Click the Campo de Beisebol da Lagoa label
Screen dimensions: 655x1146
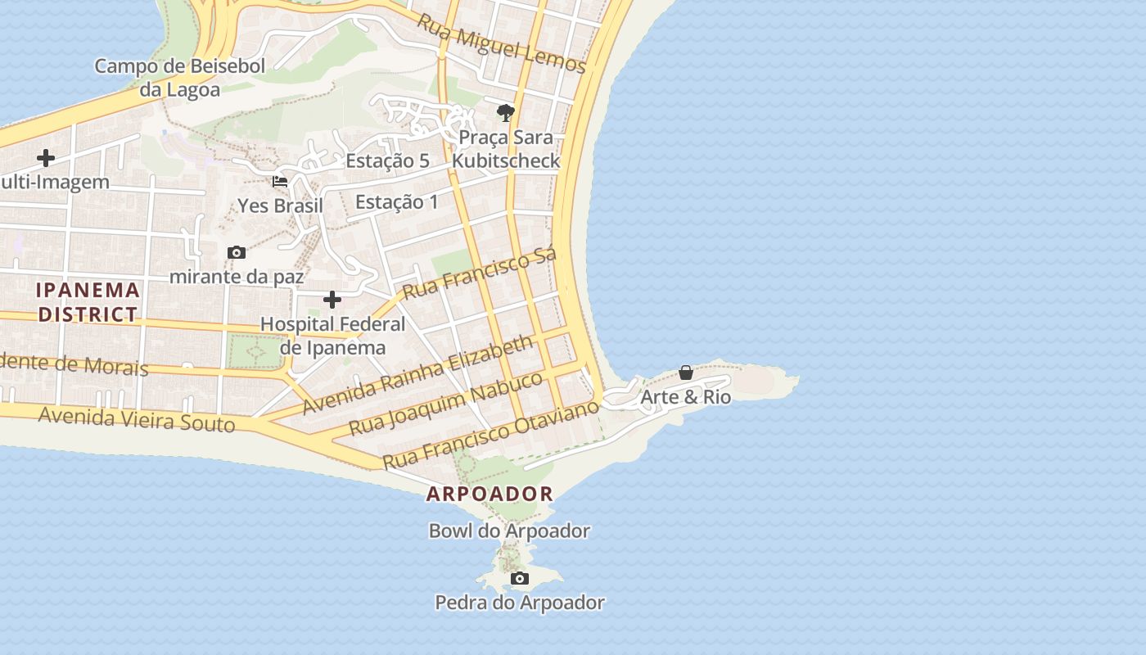[x=180, y=78]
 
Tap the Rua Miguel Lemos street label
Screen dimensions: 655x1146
[x=502, y=43]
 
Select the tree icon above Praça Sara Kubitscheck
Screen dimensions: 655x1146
[x=506, y=112]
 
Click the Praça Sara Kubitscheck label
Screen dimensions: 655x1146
[x=507, y=149]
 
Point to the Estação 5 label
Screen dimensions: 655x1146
[x=387, y=161]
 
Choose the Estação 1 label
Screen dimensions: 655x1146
[x=397, y=202]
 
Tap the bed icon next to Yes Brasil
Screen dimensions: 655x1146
[x=280, y=182]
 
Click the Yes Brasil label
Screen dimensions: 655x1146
[x=281, y=206]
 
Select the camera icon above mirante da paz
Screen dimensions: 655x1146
[x=237, y=252]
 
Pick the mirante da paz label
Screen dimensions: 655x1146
[x=237, y=277]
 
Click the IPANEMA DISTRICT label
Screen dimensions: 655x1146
[x=88, y=302]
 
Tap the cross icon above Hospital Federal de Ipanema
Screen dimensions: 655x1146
[x=332, y=300]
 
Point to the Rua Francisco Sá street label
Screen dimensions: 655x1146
[x=480, y=273]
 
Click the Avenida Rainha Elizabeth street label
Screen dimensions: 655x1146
[x=418, y=375]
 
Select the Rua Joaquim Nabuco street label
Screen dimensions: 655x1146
[x=446, y=403]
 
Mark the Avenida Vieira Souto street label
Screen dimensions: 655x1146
[x=137, y=420]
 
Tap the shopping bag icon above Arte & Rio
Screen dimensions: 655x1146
[x=686, y=373]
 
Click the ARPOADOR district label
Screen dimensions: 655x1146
[x=490, y=494]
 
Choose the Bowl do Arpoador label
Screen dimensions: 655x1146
[x=509, y=531]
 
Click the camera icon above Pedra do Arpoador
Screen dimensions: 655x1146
[x=519, y=579]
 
